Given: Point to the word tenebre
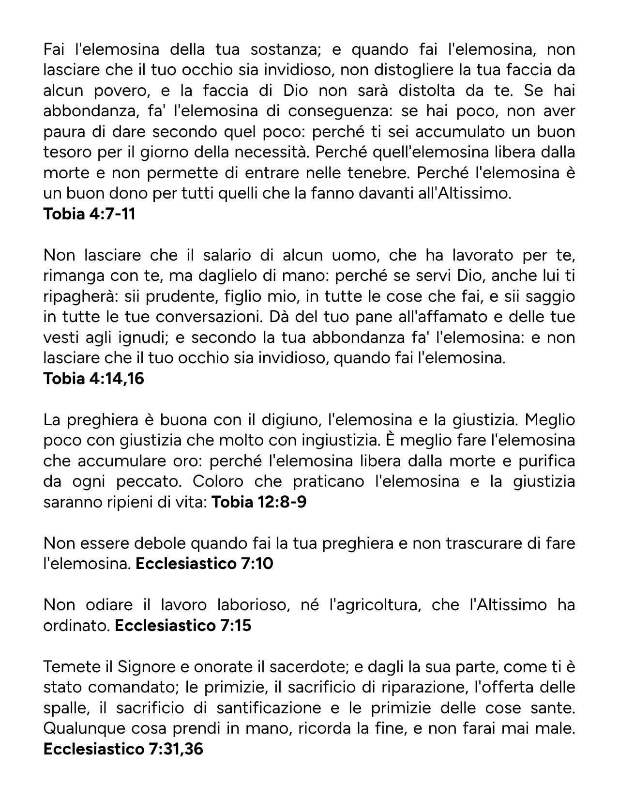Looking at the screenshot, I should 377,173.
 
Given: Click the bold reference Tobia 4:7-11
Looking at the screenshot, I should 89,214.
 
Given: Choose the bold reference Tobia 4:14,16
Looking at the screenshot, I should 94,379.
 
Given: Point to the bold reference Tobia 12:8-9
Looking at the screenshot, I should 259,502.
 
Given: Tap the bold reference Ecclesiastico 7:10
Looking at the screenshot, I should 204,564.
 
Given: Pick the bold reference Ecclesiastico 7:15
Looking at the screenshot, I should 183,626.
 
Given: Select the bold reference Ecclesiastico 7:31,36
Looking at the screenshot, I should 123,749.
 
